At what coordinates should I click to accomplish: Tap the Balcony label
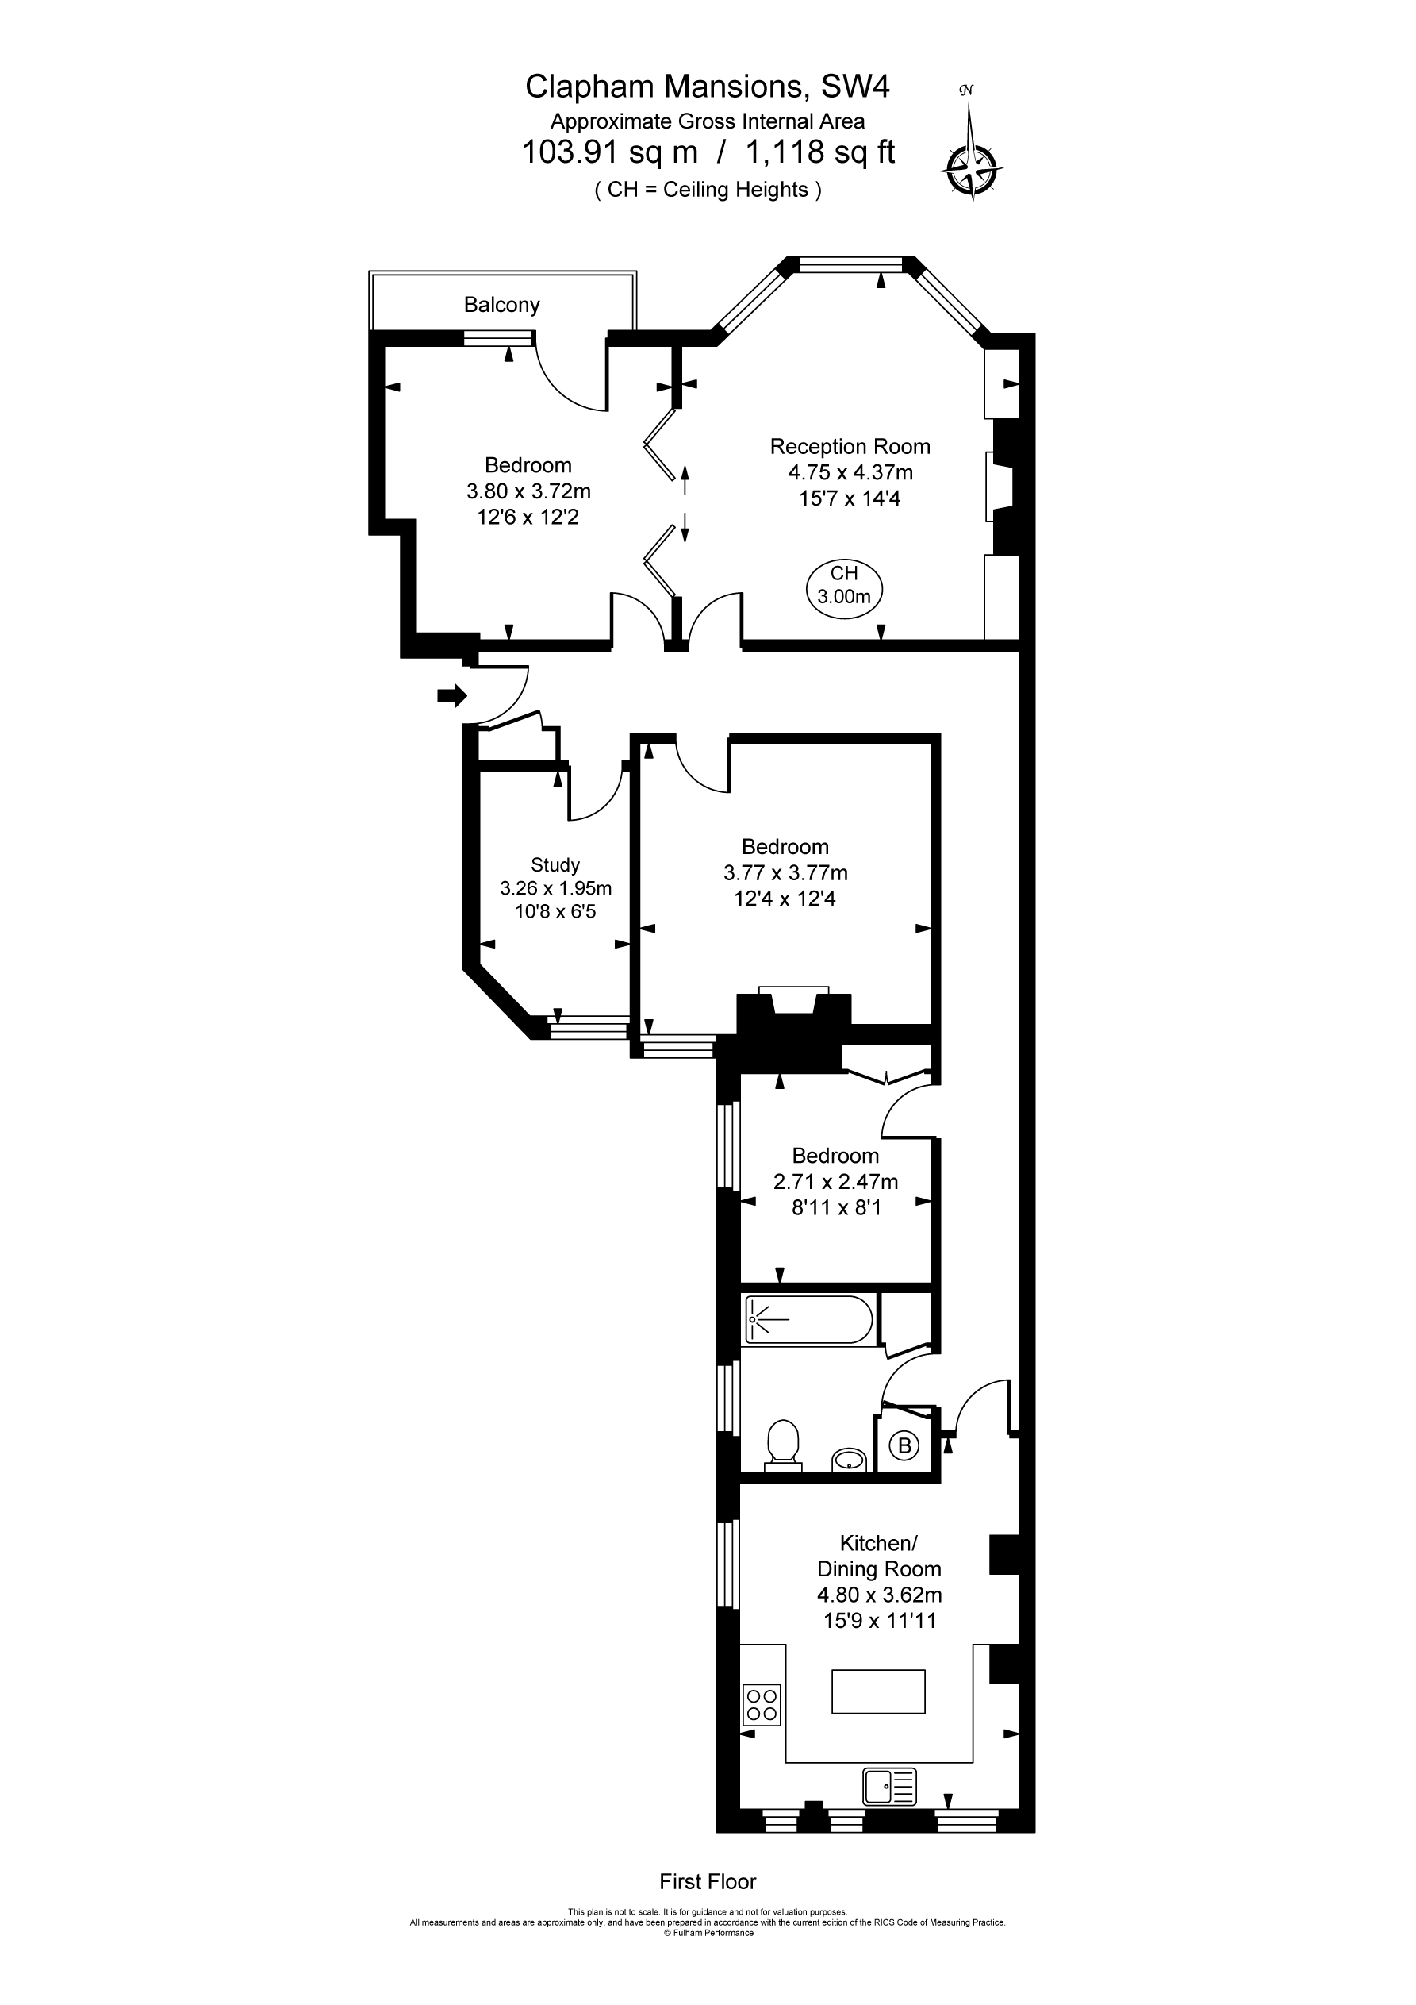(x=502, y=305)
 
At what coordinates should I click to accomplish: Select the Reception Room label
(x=850, y=446)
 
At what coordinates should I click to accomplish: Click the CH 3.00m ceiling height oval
(x=844, y=586)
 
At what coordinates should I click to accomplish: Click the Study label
(x=555, y=864)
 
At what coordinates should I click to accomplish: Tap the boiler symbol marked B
(x=904, y=1446)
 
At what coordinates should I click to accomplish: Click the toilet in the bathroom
(x=783, y=1445)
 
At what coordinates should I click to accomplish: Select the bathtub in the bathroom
(x=808, y=1319)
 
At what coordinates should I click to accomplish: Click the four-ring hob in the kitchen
(x=762, y=1705)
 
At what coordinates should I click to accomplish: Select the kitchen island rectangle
(x=878, y=1691)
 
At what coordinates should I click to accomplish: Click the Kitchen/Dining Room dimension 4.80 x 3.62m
(x=879, y=1595)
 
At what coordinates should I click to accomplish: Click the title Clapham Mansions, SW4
(x=707, y=87)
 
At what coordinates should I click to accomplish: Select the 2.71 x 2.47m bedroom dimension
(x=835, y=1182)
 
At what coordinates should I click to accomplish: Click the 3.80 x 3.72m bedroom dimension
(x=528, y=491)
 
